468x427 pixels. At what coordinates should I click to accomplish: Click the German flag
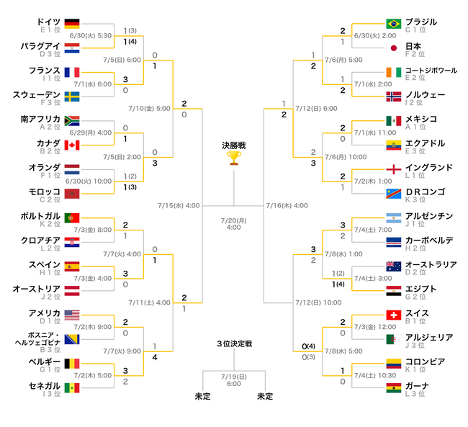72,24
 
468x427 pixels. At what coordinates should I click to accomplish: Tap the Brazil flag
393,24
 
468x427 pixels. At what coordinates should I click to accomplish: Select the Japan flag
393,48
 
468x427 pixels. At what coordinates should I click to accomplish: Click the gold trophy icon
234,158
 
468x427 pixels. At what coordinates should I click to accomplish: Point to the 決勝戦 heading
234,145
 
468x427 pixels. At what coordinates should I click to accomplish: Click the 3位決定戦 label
234,343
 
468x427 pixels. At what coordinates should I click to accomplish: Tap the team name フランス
45,71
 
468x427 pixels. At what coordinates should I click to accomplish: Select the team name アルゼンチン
429,216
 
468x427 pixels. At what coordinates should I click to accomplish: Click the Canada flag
72,145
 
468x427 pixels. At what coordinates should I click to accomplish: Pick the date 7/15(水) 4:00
179,205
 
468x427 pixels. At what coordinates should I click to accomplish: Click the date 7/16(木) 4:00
287,205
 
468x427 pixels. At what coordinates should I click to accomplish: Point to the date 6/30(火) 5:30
91,35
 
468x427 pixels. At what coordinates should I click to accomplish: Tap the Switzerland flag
393,315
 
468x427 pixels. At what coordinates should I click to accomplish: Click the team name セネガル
45,386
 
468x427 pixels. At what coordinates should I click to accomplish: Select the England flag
393,169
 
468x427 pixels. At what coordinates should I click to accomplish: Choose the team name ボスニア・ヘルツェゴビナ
38,338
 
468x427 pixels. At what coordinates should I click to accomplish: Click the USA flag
72,315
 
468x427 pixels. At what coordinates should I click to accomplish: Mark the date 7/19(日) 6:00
234,380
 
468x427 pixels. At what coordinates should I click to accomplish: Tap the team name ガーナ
417,386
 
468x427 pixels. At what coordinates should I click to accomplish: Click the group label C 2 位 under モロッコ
50,199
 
